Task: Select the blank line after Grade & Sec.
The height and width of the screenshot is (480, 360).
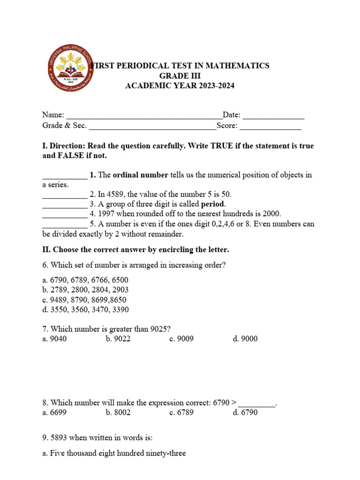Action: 152,126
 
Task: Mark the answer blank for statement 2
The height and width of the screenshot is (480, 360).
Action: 65,195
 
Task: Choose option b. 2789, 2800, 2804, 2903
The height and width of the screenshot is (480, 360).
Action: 85,290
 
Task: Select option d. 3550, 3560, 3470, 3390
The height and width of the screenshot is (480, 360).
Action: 85,309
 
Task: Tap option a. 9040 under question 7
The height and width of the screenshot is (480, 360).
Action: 54,339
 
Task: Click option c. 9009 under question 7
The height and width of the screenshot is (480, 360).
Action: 181,339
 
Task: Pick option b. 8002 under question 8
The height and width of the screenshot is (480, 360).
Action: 118,413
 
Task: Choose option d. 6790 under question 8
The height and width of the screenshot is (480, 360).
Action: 245,413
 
